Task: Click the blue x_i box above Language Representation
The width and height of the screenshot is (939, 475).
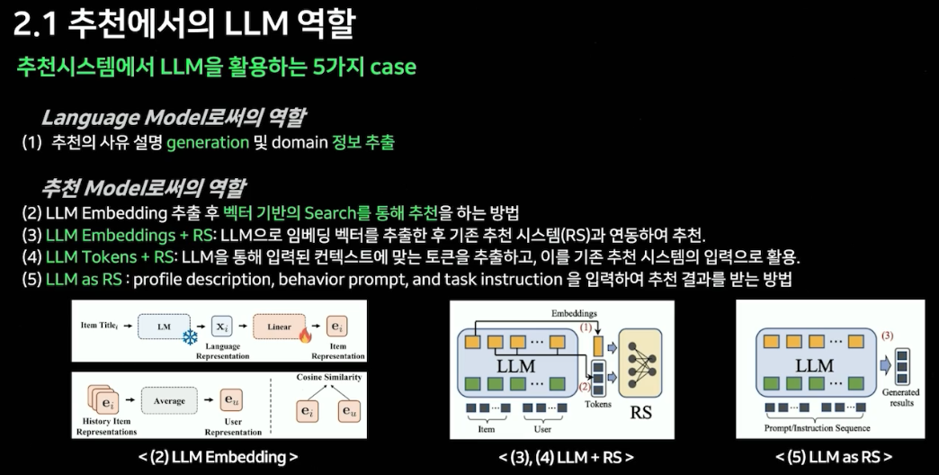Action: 222,326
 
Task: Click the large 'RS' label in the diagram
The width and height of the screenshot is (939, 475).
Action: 641,413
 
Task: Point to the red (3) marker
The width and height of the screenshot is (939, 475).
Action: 887,336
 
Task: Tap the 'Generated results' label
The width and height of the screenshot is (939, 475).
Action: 900,397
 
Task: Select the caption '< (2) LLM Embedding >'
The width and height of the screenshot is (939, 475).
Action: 218,458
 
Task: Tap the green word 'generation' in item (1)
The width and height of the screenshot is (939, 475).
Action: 208,142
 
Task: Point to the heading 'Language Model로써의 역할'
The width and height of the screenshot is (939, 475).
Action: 173,117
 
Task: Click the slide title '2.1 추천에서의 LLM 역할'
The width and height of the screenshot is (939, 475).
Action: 183,24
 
